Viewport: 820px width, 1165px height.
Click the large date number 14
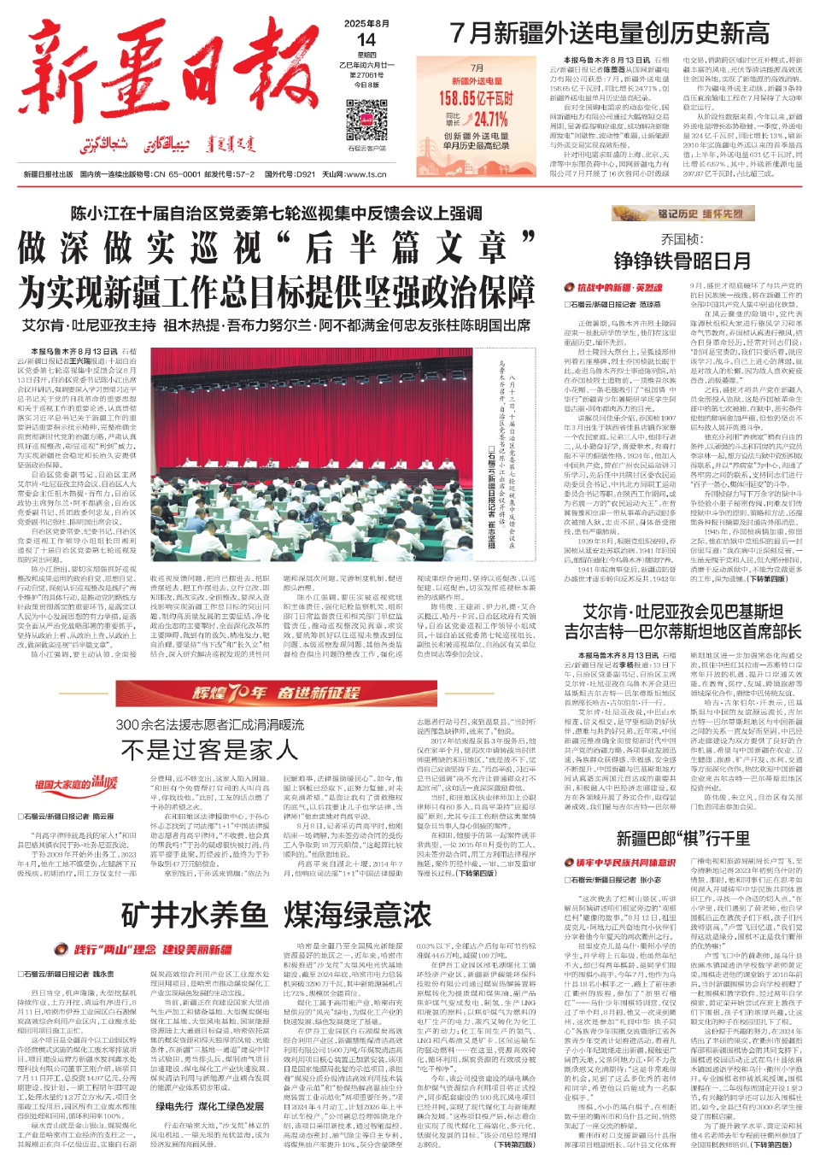(x=366, y=40)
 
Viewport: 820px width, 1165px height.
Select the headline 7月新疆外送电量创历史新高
(x=609, y=33)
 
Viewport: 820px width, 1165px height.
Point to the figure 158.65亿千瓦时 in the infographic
(x=477, y=98)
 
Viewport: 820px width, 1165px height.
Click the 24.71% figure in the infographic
(x=490, y=120)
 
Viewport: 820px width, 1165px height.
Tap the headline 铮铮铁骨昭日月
(x=682, y=261)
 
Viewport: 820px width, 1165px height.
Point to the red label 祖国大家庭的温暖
(x=75, y=782)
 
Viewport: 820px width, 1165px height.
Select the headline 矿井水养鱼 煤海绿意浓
(x=276, y=915)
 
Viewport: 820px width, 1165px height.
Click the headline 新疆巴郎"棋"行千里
(x=682, y=838)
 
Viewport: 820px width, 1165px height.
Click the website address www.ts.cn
(x=366, y=174)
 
